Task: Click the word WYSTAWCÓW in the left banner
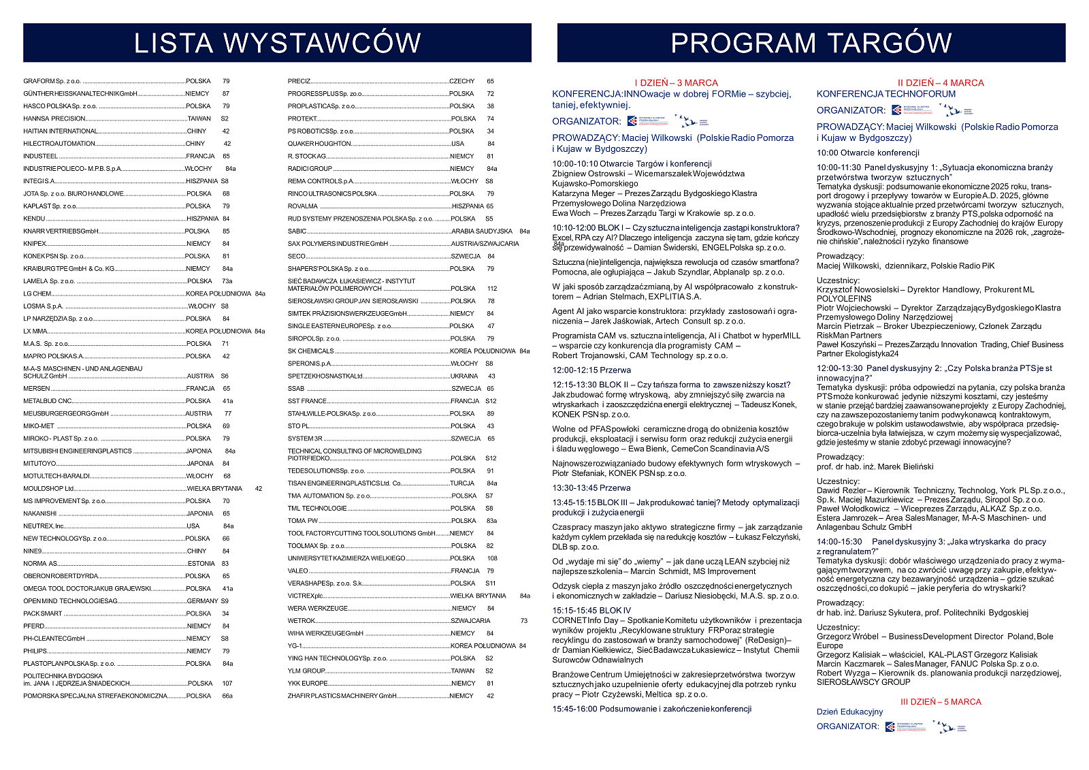pyautogui.click(x=323, y=43)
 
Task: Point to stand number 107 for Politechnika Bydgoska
pyautogui.click(x=227, y=683)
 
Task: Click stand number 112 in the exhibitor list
pyautogui.click(x=492, y=288)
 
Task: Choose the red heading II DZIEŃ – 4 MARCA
pyautogui.click(x=941, y=83)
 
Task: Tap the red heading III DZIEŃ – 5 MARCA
pyautogui.click(x=941, y=701)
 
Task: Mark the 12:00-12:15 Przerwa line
pyautogui.click(x=591, y=370)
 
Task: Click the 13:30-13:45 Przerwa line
pyautogui.click(x=591, y=488)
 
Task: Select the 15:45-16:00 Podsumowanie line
pyautogui.click(x=651, y=709)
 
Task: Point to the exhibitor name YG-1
pyautogui.click(x=295, y=645)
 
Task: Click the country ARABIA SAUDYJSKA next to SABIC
pyautogui.click(x=481, y=231)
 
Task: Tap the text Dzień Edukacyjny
pyautogui.click(x=849, y=712)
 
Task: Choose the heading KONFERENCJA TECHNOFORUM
pyautogui.click(x=885, y=94)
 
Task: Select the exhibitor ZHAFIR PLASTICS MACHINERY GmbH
pyautogui.click(x=342, y=696)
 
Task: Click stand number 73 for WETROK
pyautogui.click(x=523, y=621)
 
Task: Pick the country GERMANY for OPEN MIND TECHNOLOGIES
pyautogui.click(x=202, y=601)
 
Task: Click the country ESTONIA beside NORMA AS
pyautogui.click(x=201, y=564)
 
